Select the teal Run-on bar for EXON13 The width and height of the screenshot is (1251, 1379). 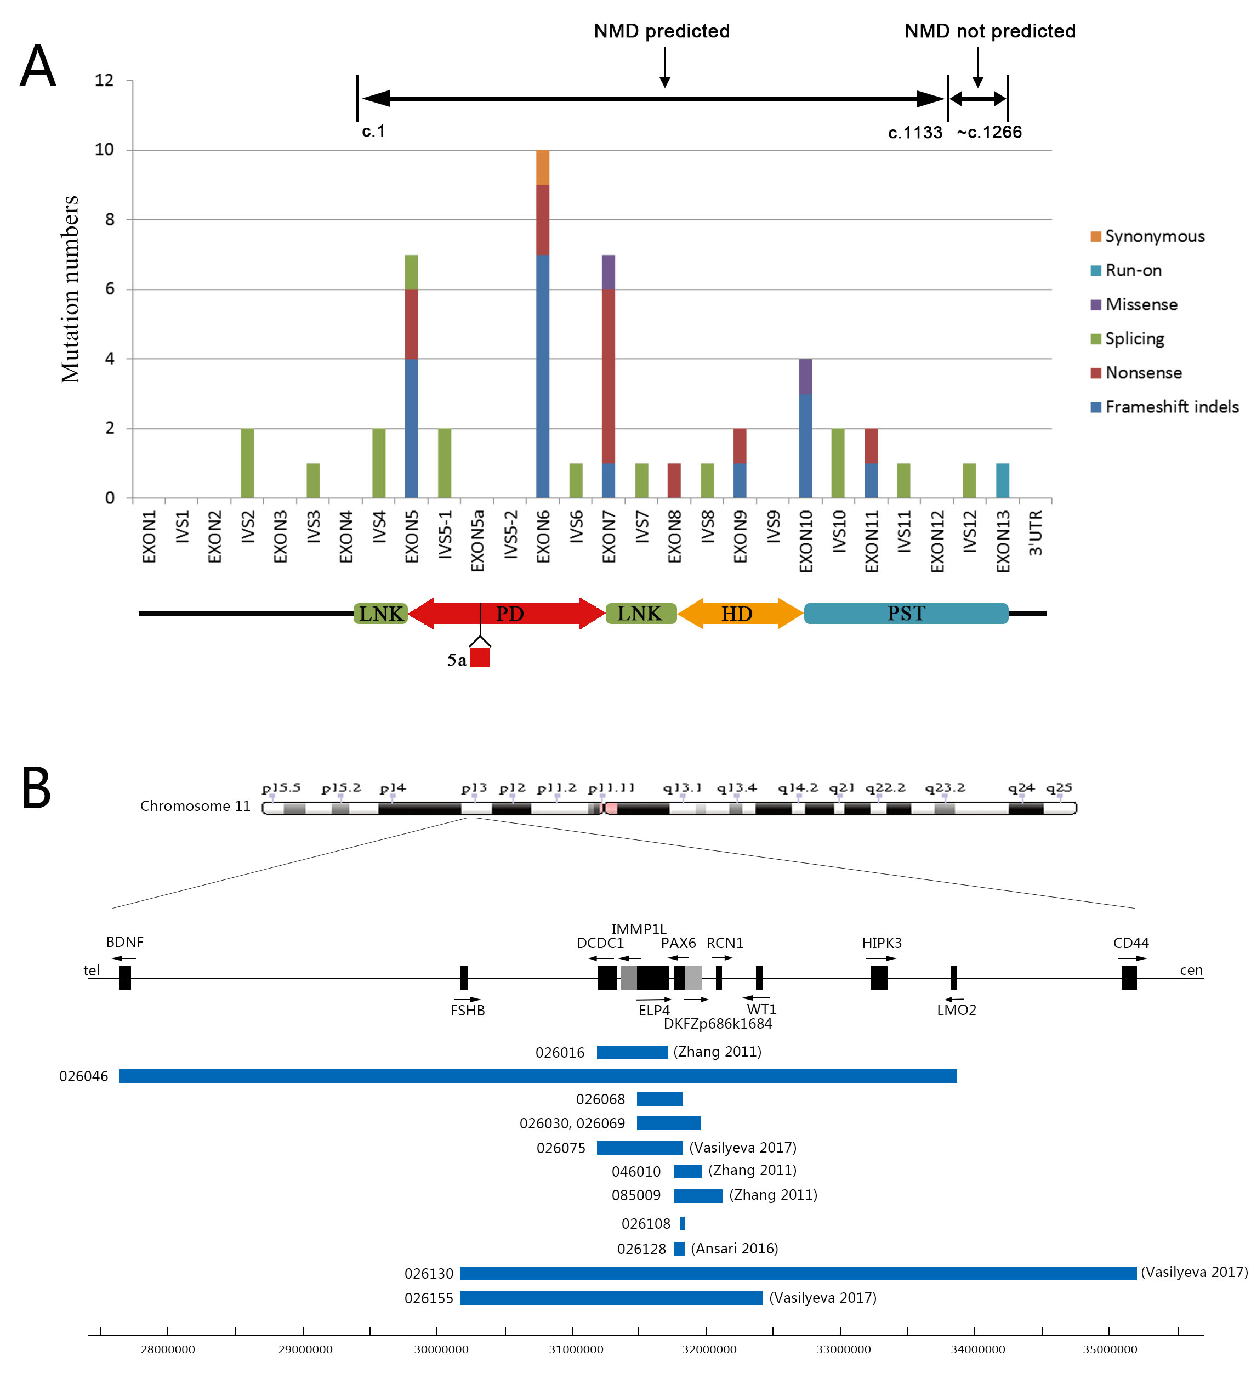coord(1002,480)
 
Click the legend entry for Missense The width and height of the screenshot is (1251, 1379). coord(1141,304)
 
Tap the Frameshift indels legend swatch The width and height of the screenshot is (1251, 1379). coord(1096,407)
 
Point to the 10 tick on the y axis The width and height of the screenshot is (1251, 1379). coord(104,149)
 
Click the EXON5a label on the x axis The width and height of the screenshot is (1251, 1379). coord(477,541)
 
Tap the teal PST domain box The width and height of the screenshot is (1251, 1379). coord(906,613)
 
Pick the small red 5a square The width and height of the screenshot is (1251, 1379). coord(480,657)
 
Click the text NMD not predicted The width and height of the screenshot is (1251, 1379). coord(989,31)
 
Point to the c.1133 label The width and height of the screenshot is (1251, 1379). coord(914,133)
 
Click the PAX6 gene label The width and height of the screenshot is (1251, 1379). coord(678,943)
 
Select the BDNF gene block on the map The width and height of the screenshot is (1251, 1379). coord(124,978)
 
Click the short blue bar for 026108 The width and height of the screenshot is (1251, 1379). coord(682,1224)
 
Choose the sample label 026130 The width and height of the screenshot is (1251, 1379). coord(429,1274)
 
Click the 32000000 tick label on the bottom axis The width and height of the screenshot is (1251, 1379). coord(709,1349)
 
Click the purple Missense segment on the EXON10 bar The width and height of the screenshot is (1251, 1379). coord(805,376)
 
